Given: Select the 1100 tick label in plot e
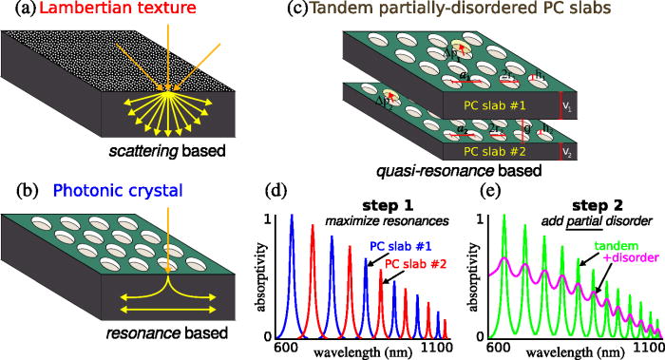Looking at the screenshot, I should [650, 348].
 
